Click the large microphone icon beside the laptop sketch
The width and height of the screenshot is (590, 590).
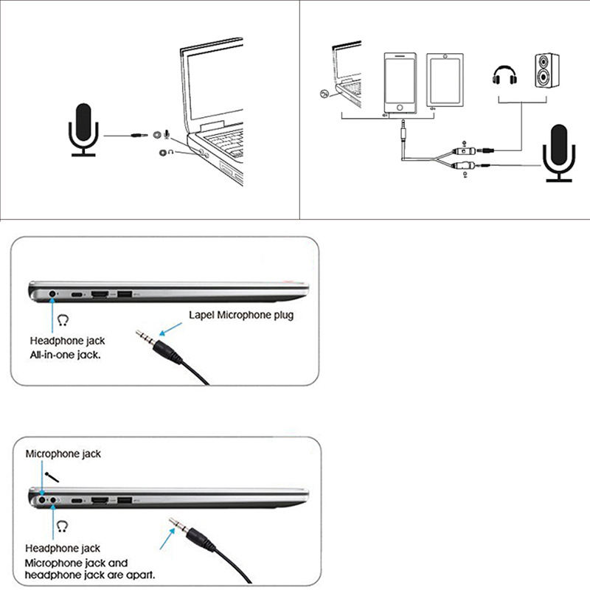click(x=83, y=128)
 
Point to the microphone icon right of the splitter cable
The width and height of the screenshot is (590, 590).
click(x=559, y=152)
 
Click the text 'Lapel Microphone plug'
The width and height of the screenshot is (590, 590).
click(x=241, y=316)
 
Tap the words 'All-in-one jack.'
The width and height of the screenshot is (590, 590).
click(x=65, y=355)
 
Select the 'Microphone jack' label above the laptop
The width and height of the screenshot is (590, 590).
click(x=63, y=454)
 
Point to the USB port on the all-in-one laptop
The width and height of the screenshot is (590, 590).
click(x=123, y=295)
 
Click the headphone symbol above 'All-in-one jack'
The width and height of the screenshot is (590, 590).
click(x=63, y=320)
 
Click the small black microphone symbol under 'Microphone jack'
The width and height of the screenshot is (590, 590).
click(x=52, y=477)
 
